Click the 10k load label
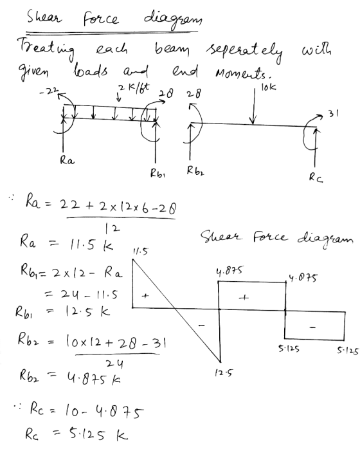269,87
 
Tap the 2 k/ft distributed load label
134,87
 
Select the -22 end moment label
49,91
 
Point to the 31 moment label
333,114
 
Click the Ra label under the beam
67,160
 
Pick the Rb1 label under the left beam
157,173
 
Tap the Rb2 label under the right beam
195,170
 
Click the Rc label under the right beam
316,178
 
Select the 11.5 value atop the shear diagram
140,252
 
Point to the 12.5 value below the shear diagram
224,372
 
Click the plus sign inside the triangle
145,296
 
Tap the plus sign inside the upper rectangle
244,298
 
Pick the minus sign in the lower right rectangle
313,327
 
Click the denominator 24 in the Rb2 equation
114,364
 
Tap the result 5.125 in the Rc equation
87,434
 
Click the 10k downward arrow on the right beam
253,106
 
